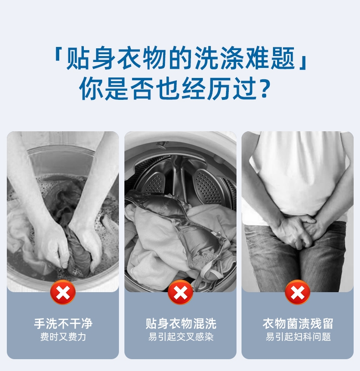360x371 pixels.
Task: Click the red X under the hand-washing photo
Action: coord(63,292)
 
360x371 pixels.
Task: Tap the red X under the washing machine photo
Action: coord(180,292)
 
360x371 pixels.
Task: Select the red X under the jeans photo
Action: coord(298,292)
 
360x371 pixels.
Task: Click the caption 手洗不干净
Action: coord(63,324)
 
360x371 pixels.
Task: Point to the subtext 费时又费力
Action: coord(63,337)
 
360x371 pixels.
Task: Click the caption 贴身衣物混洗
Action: coord(181,324)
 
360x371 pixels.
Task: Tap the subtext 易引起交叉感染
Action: coord(181,337)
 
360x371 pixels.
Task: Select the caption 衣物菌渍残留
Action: coord(298,324)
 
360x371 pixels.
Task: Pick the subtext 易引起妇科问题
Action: coord(298,337)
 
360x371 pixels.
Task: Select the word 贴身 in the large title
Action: coord(91,58)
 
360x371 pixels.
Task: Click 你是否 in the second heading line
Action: coord(117,89)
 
